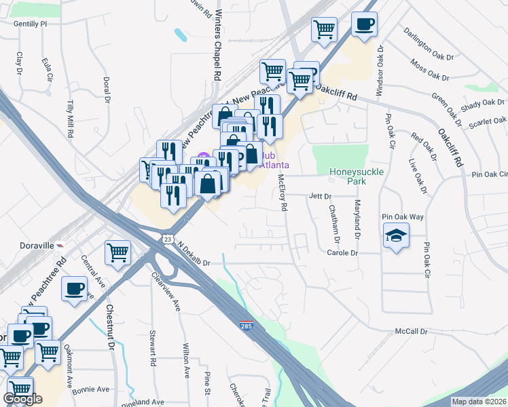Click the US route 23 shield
coord(168,239)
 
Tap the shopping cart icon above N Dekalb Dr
coord(117,253)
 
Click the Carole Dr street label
coord(342,252)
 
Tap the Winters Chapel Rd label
coord(218,42)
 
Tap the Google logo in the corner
coord(22,400)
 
